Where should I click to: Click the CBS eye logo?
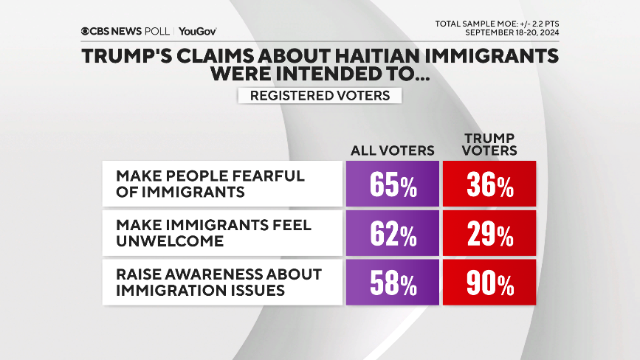[x=87, y=31]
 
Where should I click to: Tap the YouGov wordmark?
[x=197, y=31]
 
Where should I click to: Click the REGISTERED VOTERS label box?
[x=320, y=95]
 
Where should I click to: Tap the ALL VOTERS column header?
[x=392, y=150]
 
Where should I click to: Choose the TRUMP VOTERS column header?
[x=489, y=145]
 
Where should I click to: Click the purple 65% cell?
[x=392, y=184]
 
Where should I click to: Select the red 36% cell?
[x=489, y=184]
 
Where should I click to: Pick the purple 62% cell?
[x=392, y=233]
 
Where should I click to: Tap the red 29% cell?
[x=489, y=233]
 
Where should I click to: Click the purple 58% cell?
[x=392, y=282]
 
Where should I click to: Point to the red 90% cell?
[x=489, y=282]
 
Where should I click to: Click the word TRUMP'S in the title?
[x=131, y=57]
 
